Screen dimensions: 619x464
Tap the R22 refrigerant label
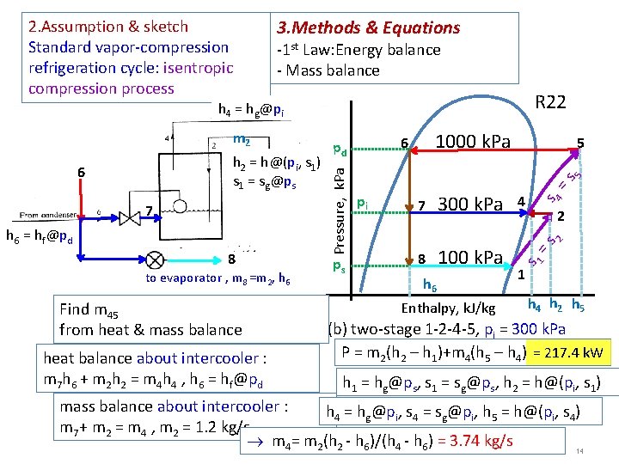coord(550,103)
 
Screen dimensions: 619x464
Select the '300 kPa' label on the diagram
coord(470,204)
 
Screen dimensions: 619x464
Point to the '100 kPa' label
coord(470,257)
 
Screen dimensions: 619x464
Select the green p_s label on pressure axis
coord(340,266)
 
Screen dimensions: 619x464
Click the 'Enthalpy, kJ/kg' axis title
coord(449,308)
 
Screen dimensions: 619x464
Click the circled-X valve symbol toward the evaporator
coord(156,259)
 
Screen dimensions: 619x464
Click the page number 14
coord(580,451)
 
